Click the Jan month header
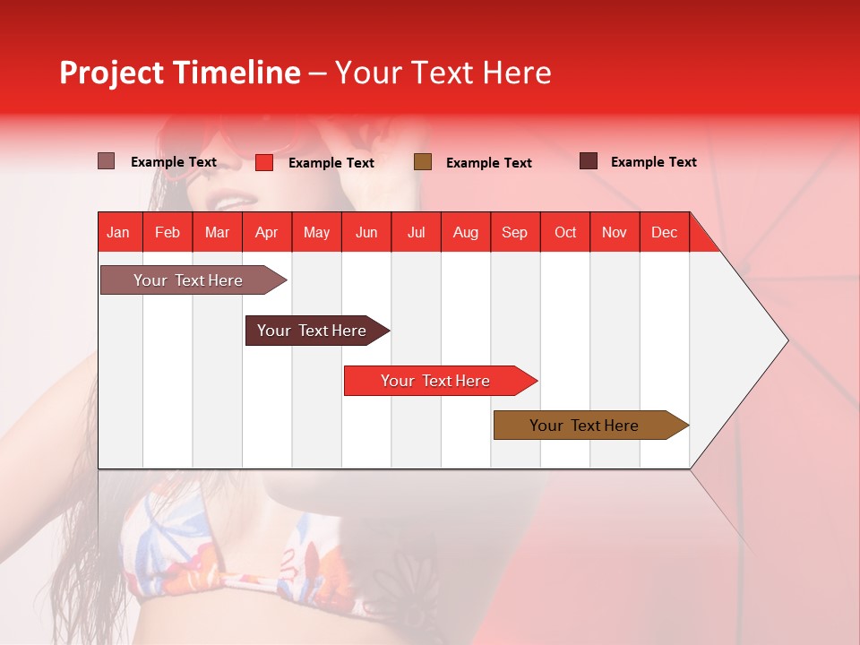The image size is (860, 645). coord(118,232)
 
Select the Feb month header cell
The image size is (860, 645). coord(168,232)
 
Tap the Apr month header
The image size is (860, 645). coord(266,232)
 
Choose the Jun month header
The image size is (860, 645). coord(366,232)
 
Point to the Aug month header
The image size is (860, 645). coord(465,232)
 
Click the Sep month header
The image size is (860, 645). coord(514,232)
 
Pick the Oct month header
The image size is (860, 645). coord(565,232)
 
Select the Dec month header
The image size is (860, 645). coord(664,232)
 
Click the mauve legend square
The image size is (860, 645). coord(107,161)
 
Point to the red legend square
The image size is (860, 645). coord(264,162)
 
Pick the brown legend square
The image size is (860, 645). coord(423,162)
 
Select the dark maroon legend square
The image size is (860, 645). coord(589,161)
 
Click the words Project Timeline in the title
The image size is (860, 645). coord(180,73)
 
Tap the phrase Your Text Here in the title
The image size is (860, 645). coord(443,73)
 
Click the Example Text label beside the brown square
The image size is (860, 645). coord(488,163)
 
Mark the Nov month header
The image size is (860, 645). coord(615,232)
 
